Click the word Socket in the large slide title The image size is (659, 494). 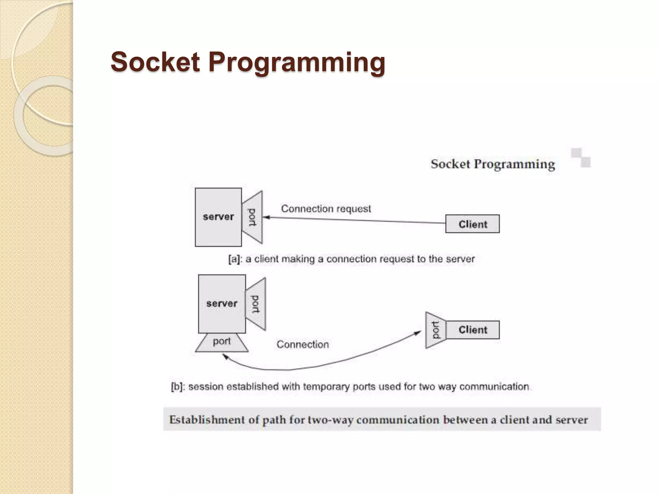tap(155, 62)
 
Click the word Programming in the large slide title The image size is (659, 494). tap(296, 63)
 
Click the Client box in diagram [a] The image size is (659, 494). tap(472, 224)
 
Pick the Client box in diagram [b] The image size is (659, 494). tap(472, 330)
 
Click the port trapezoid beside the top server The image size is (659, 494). tap(253, 217)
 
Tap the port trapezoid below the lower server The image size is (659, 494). tap(222, 342)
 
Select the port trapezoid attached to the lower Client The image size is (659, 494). tap(436, 330)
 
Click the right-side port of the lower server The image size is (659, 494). tap(256, 304)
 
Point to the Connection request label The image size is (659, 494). tap(326, 209)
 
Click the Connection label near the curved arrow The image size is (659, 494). tap(302, 344)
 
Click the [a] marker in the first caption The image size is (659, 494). tap(234, 259)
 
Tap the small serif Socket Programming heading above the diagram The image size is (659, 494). tap(493, 164)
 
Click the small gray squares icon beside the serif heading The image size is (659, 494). tap(581, 158)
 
